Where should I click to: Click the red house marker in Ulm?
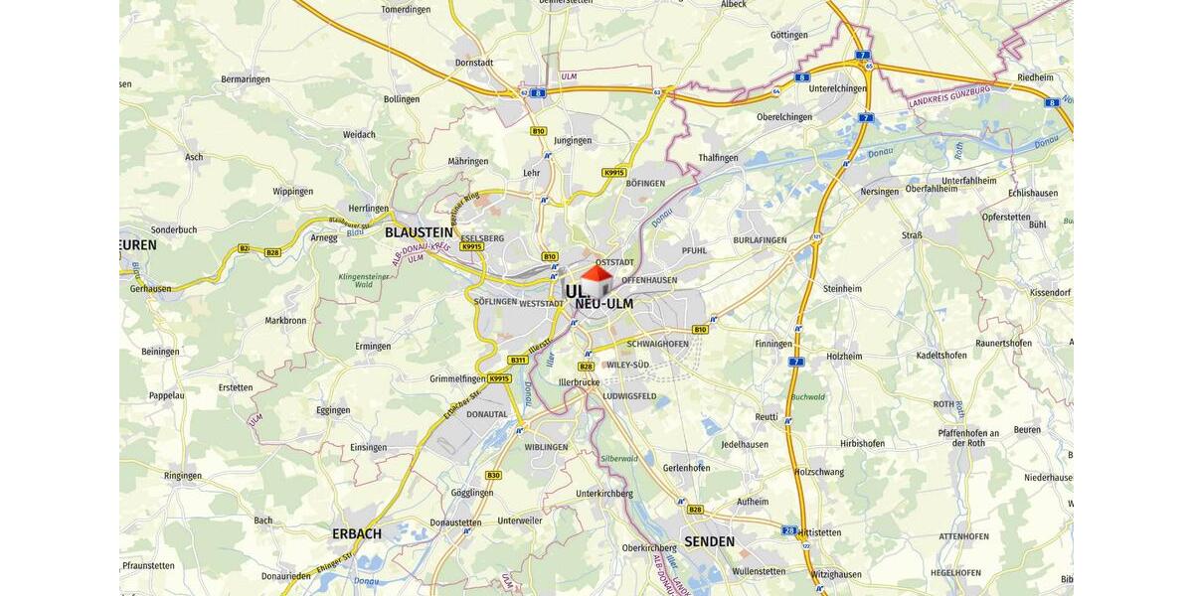pos(596,280)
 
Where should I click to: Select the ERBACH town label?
pos(356,533)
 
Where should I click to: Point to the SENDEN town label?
pos(709,541)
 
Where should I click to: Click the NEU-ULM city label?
pos(603,304)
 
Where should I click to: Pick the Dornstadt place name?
pos(473,63)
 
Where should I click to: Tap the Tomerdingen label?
pos(406,10)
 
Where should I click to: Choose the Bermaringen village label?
pos(245,78)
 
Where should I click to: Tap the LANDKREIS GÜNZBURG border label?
pos(948,96)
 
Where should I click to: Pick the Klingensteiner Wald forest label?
pos(368,281)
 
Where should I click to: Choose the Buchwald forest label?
pos(807,397)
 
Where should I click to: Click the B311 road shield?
pos(517,360)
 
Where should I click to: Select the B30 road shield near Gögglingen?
pos(494,475)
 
